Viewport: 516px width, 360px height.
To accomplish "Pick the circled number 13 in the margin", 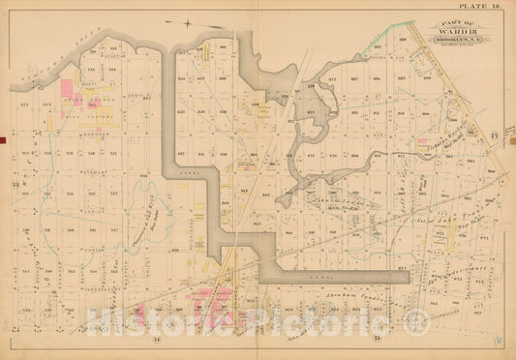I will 15,183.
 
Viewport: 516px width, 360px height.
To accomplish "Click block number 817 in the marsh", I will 312,112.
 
